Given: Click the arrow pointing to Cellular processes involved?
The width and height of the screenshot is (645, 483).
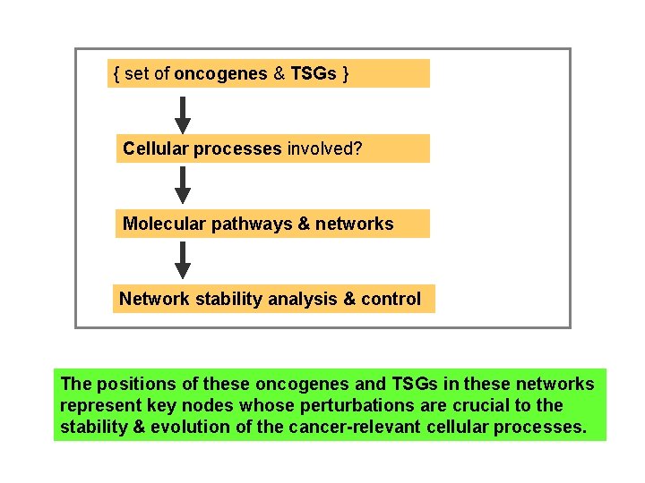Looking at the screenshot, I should tap(183, 114).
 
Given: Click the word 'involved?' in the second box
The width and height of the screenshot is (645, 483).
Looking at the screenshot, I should tap(324, 149).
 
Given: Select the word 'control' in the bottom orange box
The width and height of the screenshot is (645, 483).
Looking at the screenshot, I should tap(391, 300).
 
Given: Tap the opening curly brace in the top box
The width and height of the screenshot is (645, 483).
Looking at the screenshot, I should tap(116, 74).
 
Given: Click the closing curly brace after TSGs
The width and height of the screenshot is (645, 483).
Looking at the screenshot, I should tap(345, 74).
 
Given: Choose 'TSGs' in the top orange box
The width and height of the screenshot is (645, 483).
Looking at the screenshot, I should tap(314, 74).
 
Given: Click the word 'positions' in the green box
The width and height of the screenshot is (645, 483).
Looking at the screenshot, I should tap(134, 385).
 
